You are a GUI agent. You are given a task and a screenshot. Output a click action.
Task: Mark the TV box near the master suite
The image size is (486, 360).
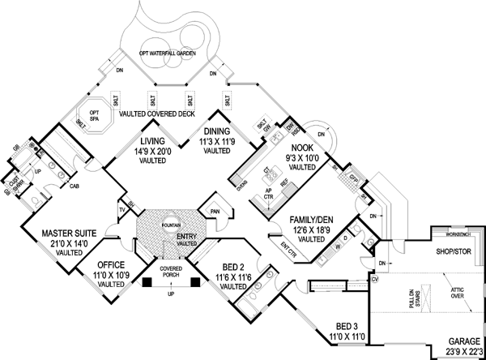[x=122, y=209]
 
